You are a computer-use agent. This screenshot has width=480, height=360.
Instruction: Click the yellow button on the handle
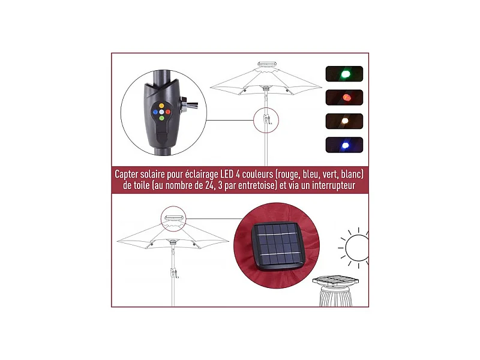tap(161, 106)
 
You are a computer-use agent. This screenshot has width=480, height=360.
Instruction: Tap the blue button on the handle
tap(155, 112)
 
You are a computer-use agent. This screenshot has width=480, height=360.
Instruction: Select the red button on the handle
tap(168, 112)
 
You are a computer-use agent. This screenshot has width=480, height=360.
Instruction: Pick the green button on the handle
tap(161, 118)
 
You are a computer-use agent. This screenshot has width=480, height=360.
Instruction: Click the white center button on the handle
tap(161, 112)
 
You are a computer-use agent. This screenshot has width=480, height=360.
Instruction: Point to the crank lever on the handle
tap(188, 104)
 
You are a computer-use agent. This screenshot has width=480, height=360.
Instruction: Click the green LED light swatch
tap(344, 74)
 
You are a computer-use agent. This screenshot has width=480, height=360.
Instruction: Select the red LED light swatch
tap(344, 97)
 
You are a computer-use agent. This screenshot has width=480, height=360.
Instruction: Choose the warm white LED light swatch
tap(344, 121)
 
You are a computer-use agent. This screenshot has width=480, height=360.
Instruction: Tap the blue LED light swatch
tap(344, 145)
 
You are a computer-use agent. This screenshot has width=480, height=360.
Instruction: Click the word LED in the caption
tap(227, 174)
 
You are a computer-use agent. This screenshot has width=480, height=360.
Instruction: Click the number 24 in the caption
tap(209, 185)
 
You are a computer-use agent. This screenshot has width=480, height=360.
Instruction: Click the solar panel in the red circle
tap(278, 247)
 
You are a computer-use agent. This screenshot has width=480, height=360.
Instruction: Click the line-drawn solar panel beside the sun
tap(335, 280)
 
